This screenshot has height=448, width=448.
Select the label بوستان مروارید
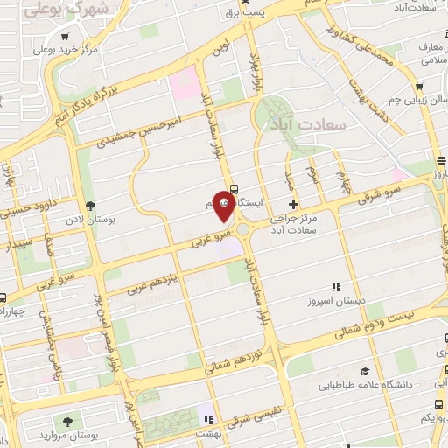(x=97, y=434)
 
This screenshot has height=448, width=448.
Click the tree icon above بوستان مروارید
(x=65, y=422)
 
